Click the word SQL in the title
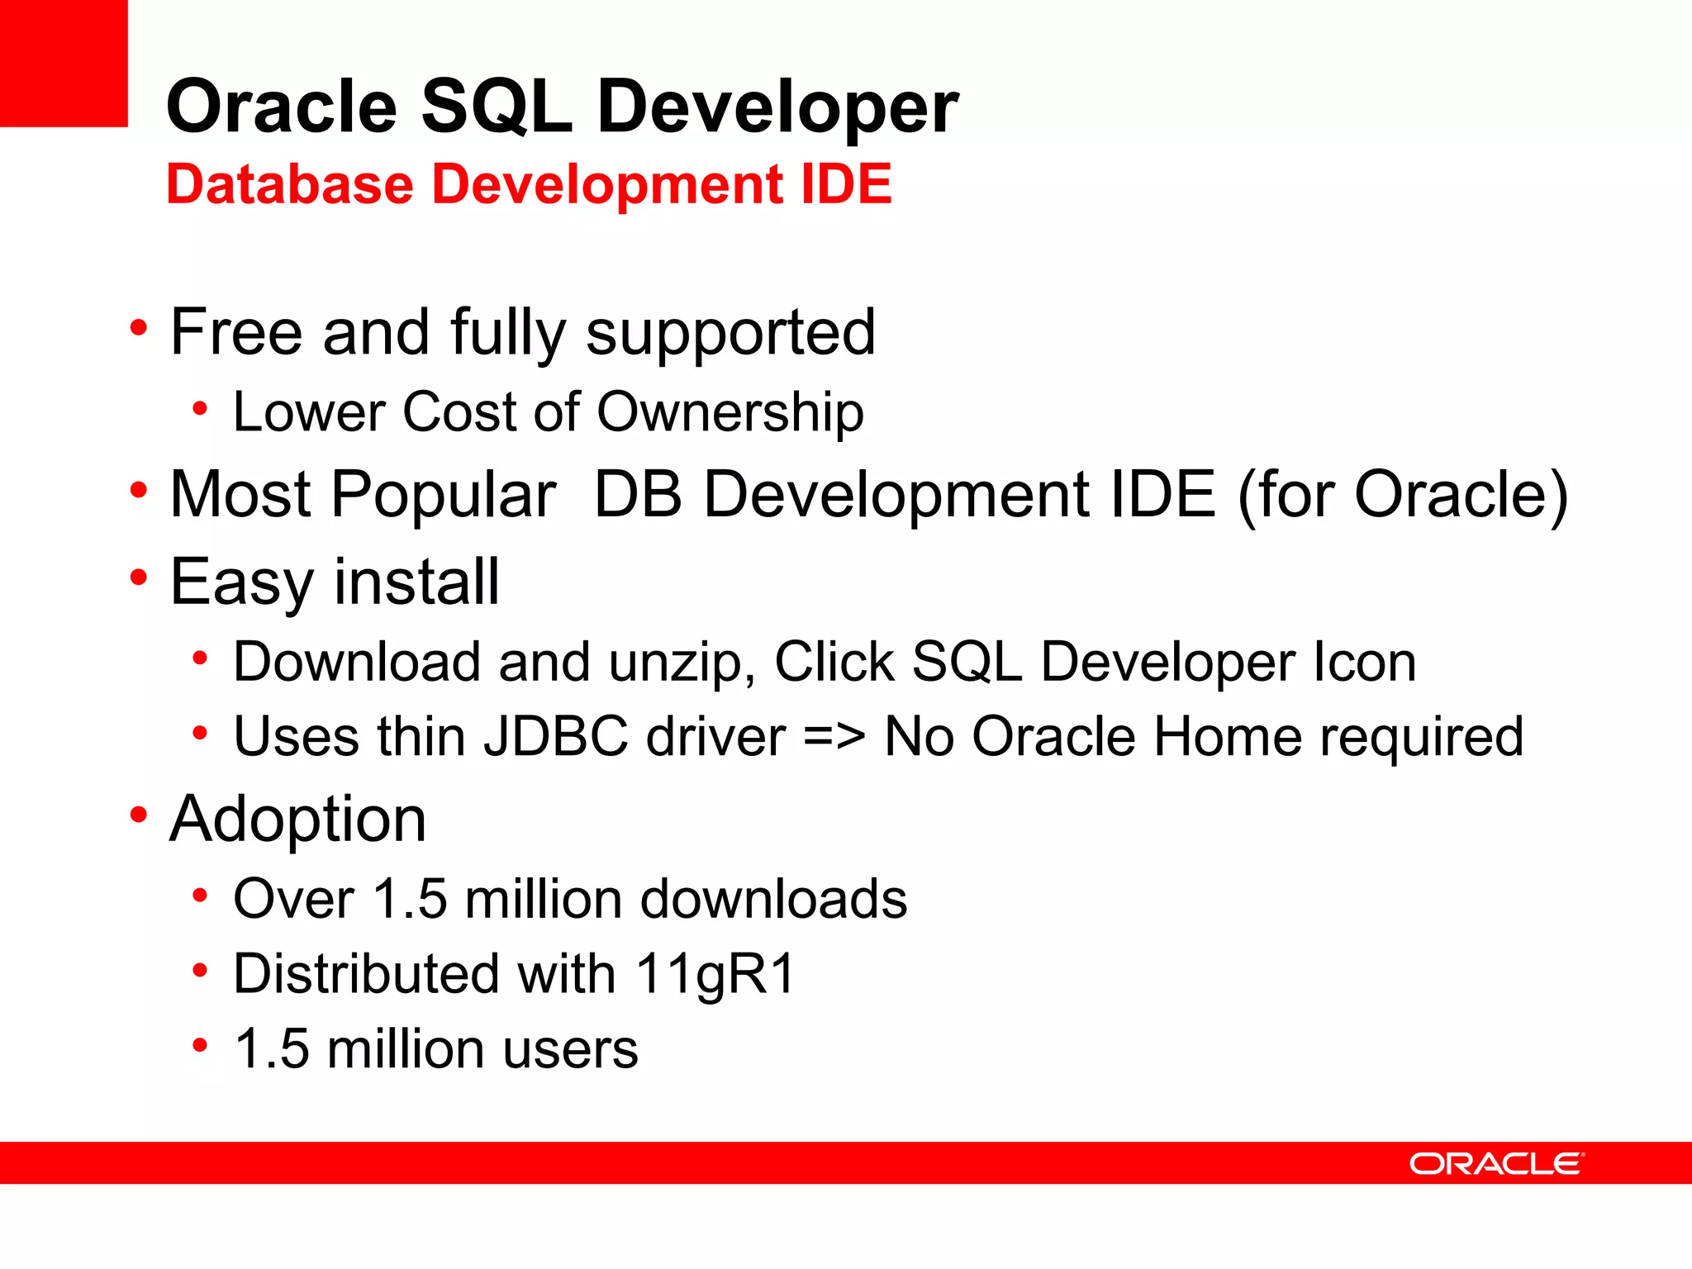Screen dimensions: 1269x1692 (x=497, y=107)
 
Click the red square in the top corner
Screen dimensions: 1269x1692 (x=64, y=63)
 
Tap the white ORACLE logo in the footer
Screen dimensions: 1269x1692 (x=1496, y=1163)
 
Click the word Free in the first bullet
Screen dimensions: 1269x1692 (x=235, y=332)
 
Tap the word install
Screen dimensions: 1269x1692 (x=416, y=582)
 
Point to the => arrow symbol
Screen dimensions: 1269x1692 (x=834, y=736)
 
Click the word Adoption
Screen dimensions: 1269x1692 (x=297, y=819)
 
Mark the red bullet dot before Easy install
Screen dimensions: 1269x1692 (x=139, y=577)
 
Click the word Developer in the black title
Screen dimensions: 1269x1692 (x=777, y=107)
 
